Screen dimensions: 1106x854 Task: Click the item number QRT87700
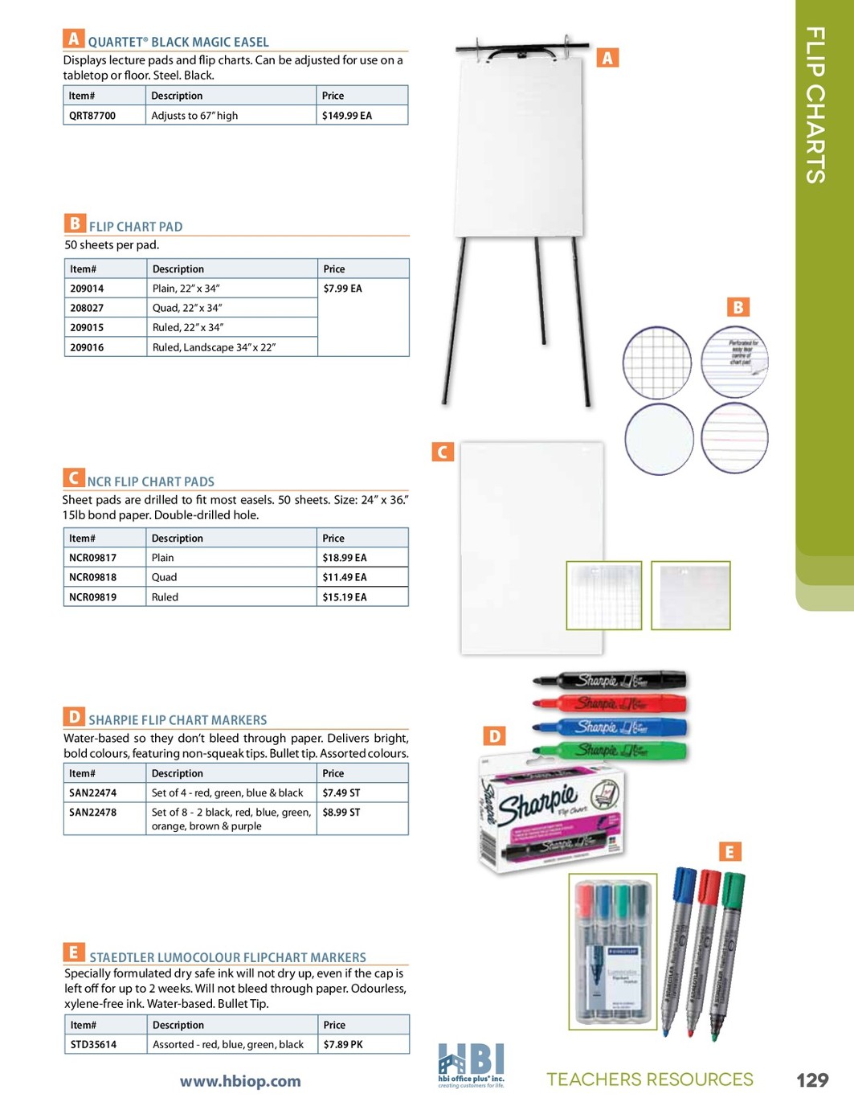pyautogui.click(x=92, y=116)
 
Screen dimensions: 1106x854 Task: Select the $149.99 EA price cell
pyautogui.click(x=347, y=116)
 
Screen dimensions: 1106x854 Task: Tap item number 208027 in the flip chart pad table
pyautogui.click(x=87, y=308)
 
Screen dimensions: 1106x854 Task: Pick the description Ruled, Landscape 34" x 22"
pyautogui.click(x=214, y=347)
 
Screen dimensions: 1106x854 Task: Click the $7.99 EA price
pyautogui.click(x=343, y=289)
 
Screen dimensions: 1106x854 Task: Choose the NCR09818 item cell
pyautogui.click(x=92, y=577)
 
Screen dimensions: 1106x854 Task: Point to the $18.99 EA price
pyautogui.click(x=345, y=558)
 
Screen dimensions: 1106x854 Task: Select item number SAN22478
pyautogui.click(x=92, y=813)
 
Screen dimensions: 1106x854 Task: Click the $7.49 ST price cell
pyautogui.click(x=341, y=793)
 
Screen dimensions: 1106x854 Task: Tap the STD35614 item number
pyautogui.click(x=93, y=1045)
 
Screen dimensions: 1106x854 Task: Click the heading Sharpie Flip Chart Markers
pyautogui.click(x=178, y=720)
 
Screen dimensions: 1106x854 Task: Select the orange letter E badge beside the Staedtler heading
pyautogui.click(x=73, y=952)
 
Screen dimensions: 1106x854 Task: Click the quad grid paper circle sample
pyautogui.click(x=657, y=363)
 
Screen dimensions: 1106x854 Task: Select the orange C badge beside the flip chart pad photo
pyautogui.click(x=443, y=452)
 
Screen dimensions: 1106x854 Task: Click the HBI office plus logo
pyautogui.click(x=471, y=1065)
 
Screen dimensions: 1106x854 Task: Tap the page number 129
pyautogui.click(x=812, y=1080)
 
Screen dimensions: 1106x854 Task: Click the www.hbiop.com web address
pyautogui.click(x=240, y=1082)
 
